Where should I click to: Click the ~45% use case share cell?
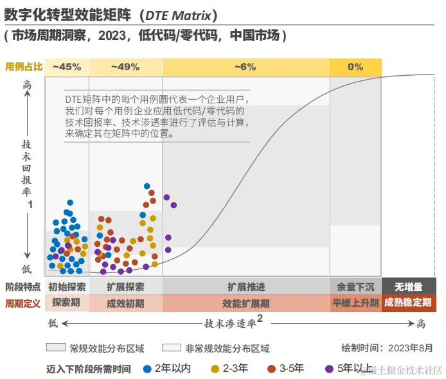pos(67,67)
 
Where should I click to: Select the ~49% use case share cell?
pos(125,67)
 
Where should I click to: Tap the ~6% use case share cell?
pos(245,67)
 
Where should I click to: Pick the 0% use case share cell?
pos(355,67)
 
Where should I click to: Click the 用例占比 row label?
pos(23,67)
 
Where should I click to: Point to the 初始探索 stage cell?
pos(67,286)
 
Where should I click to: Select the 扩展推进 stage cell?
pos(245,286)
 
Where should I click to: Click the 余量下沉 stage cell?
pos(355,286)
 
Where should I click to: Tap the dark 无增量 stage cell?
pos(408,286)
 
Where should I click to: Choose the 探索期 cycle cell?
pos(67,303)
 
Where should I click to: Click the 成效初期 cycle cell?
pos(125,303)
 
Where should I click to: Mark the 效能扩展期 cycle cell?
pos(245,303)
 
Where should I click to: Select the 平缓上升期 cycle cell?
pos(355,303)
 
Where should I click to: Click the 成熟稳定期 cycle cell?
pos(408,303)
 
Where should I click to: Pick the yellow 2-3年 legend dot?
pos(215,369)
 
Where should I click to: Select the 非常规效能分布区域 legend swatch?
pos(171,348)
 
